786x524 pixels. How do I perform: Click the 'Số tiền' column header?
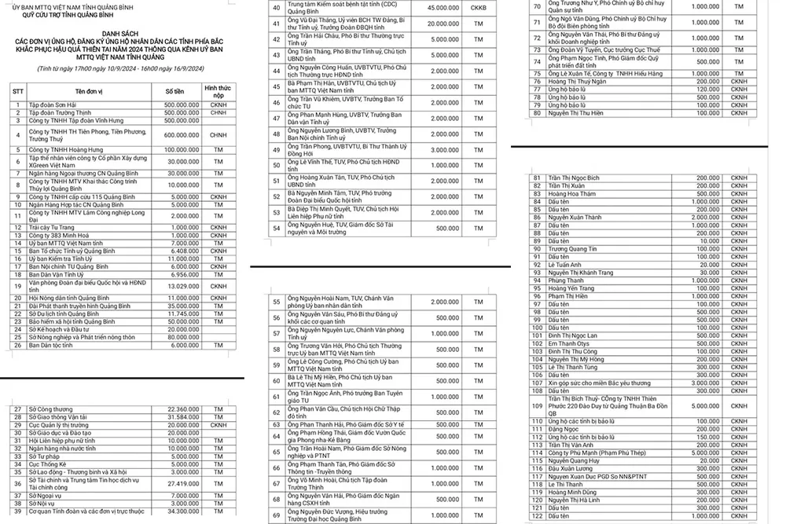(181, 92)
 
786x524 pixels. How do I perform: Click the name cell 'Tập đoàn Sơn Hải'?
(54, 105)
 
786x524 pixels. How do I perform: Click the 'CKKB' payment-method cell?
(478, 9)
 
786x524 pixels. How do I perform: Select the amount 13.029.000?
(183, 287)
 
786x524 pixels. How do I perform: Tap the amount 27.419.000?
(183, 485)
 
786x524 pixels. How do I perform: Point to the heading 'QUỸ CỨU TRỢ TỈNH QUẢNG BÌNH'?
(71, 13)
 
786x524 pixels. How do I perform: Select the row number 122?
(538, 515)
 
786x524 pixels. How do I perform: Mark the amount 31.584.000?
(183, 416)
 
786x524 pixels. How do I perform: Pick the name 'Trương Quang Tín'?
(576, 248)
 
